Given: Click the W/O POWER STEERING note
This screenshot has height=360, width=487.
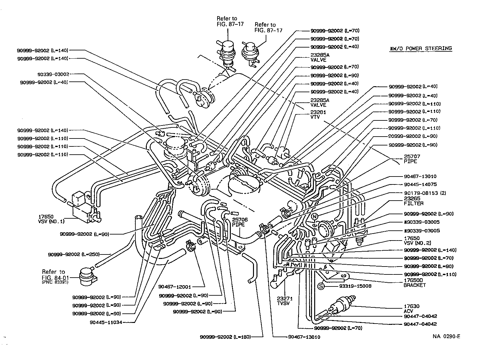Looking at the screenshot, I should pos(420,48).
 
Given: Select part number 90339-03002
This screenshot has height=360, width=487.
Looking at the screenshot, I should pos(53,74).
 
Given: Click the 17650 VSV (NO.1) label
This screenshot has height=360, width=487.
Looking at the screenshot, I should pos(51,219).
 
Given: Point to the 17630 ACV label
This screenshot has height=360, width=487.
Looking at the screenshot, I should pos(412,309).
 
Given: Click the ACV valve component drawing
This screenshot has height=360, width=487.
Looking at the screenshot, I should pos(342,305).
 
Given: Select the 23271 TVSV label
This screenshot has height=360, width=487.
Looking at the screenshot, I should pos(284,301).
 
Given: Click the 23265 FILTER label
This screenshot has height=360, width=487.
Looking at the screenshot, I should pos(413,201).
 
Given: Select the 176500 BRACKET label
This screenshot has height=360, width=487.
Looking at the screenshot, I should pos(415,282).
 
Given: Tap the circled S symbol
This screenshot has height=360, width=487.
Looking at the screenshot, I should pos(321,286).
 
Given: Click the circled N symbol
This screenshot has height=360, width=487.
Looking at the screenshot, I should pos(314,216).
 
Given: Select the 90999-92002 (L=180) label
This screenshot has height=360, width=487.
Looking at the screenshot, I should pos(225,337).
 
